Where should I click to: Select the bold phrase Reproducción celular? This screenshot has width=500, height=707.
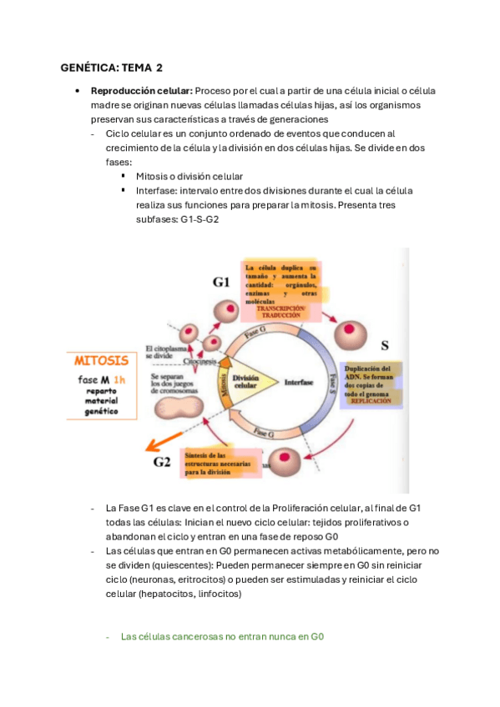[x=141, y=91]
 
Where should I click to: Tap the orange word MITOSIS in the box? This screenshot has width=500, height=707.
[x=101, y=361]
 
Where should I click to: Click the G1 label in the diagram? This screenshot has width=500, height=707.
[x=221, y=282]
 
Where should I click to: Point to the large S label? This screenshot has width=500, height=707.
[x=384, y=344]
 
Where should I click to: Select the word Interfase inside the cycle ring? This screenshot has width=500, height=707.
[x=298, y=384]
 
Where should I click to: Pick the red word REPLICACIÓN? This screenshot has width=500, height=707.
[x=371, y=401]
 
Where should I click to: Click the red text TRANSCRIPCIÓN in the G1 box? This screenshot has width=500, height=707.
[x=281, y=308]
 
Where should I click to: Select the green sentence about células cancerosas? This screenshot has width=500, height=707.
[x=222, y=636]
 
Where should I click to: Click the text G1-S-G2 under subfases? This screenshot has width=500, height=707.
[x=200, y=218]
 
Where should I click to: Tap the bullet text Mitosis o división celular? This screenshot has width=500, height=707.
[x=189, y=177]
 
